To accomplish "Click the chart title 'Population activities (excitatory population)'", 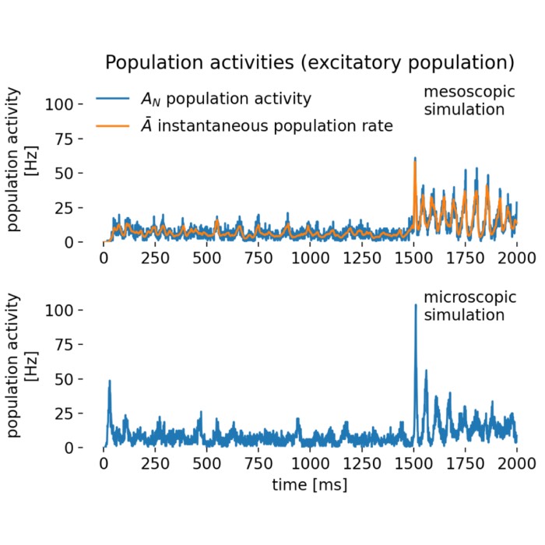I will (x=310, y=62).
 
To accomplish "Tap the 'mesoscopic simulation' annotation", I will (x=464, y=101).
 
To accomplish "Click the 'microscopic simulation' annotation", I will (x=464, y=306).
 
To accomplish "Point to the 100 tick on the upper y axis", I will (x=60, y=104).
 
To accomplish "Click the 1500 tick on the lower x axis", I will (x=413, y=465).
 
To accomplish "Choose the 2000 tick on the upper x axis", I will (x=517, y=258).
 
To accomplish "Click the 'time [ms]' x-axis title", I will (x=310, y=484).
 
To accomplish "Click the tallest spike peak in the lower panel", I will (x=416, y=304).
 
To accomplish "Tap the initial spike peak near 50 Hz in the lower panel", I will (x=110, y=381).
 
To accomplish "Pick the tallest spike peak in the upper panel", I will (x=416, y=158).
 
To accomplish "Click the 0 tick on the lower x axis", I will (x=104, y=465).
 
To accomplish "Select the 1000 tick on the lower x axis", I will (x=310, y=465).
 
